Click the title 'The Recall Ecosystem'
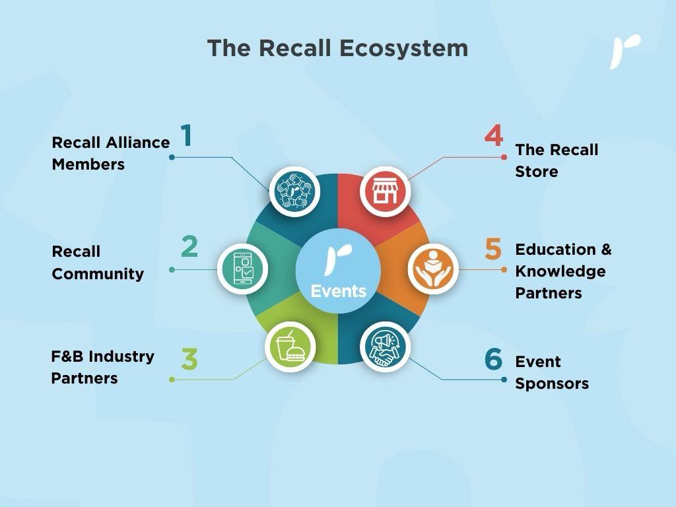coord(337,48)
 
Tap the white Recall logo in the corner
coord(625,51)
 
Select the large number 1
coord(187,135)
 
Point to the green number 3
coord(189,359)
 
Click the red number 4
coord(493,135)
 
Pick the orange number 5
coord(493,249)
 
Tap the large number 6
coord(493,360)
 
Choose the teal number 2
coord(189,247)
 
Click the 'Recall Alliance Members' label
coord(111,153)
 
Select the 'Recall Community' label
coord(98,263)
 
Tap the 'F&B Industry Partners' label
coord(102,367)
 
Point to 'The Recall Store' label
coord(557,160)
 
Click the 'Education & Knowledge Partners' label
coord(563,271)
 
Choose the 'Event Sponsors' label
coord(552,372)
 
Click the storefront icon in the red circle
coord(385,191)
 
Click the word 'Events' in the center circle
coord(338,291)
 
